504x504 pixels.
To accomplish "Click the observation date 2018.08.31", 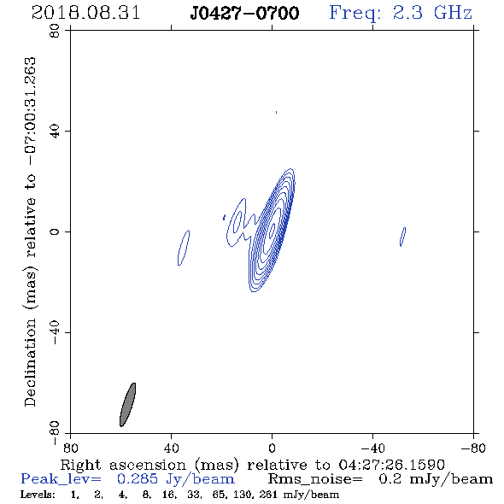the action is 85,13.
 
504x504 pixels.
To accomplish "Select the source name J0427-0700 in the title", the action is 244,13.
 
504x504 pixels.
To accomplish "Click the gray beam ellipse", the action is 127,405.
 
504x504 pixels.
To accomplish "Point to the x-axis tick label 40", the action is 171,448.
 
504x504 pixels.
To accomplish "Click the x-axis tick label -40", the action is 372,448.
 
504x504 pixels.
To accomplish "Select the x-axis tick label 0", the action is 272,448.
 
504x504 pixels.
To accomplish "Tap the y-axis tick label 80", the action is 55,31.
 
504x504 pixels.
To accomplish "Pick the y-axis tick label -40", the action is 55,332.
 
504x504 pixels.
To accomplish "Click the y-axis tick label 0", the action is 55,231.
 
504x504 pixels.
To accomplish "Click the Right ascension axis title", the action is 252,465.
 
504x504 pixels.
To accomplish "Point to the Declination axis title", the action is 30,231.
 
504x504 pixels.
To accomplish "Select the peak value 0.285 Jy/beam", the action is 175,479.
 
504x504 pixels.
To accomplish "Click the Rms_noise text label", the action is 315,479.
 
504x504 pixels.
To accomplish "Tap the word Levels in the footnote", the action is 38,494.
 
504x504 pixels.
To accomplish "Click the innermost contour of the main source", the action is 273,231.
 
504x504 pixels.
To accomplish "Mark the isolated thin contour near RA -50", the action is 402,237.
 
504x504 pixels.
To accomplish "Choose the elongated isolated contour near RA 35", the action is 184,248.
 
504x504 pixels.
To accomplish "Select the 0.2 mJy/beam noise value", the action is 436,479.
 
